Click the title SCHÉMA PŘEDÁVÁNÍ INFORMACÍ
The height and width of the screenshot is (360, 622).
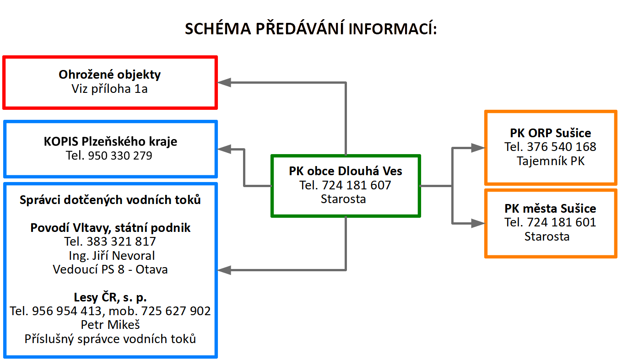(x=311, y=29)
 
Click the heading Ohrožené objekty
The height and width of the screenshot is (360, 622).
(x=110, y=75)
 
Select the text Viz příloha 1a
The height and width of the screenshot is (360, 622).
(x=110, y=89)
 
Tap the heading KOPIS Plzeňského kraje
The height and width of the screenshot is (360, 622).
(x=110, y=141)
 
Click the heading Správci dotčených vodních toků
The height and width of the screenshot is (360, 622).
(x=110, y=200)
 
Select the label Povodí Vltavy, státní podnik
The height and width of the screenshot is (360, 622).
(x=110, y=228)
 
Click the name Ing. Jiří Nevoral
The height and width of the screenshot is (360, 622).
(x=110, y=255)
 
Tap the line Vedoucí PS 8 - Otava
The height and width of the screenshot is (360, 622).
(x=110, y=269)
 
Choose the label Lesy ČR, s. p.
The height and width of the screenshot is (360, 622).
(x=110, y=297)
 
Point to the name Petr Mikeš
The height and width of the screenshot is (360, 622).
(x=110, y=325)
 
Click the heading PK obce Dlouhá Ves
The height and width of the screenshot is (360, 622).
(x=345, y=171)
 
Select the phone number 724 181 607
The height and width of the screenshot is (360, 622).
(x=357, y=185)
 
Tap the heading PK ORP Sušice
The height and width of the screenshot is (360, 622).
(x=551, y=133)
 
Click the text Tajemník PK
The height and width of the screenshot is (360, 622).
(x=551, y=161)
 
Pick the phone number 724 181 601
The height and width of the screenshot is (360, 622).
(x=562, y=222)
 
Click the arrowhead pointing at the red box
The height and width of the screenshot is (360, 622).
(x=224, y=82)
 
